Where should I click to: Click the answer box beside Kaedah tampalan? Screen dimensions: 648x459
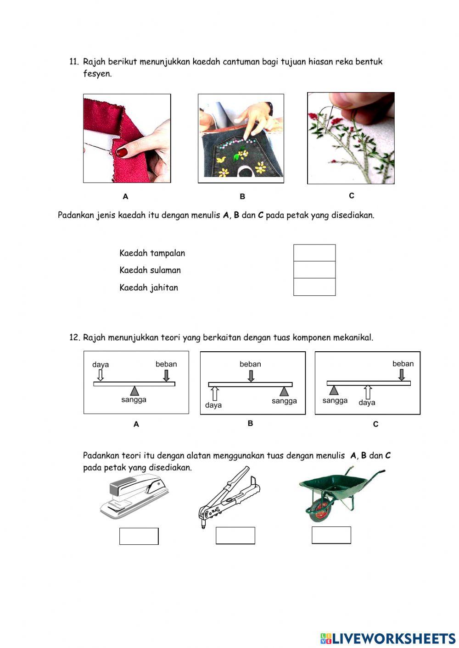(314, 253)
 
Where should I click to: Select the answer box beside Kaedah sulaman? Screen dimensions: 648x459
(314, 270)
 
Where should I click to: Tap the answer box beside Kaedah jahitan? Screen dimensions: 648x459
(314, 287)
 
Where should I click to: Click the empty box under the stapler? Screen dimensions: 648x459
(139, 536)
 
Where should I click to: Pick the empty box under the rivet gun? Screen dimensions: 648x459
(235, 536)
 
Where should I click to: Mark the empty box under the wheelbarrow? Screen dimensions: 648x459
(331, 535)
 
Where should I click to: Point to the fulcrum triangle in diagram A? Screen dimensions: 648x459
(134, 391)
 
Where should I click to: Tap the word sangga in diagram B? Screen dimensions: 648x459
(284, 401)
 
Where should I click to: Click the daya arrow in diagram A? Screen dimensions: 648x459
(101, 376)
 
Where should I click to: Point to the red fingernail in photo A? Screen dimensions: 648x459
(122, 152)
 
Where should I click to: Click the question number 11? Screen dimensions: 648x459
(74, 62)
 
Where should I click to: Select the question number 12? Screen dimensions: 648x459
(74, 338)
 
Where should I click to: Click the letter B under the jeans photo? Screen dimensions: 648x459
(242, 196)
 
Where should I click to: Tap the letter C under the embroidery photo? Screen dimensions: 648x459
(352, 196)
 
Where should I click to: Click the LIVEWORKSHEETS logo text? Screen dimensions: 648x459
(393, 638)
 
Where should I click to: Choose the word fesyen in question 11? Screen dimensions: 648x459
(97, 74)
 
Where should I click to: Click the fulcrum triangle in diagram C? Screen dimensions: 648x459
(334, 390)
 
